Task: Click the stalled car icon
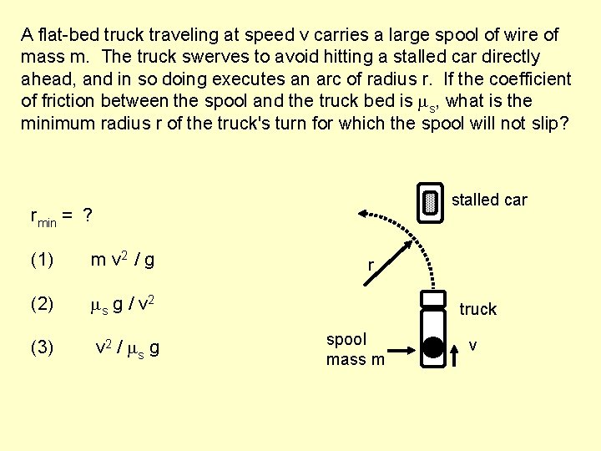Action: pos(430,203)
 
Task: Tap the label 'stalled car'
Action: pos(489,200)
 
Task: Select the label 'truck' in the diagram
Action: pos(477,309)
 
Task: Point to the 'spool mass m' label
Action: pos(355,349)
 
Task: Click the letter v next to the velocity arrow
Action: pos(473,344)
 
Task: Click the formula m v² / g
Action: pos(122,260)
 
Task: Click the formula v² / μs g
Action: pos(128,347)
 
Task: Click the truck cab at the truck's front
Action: pos(432,298)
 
